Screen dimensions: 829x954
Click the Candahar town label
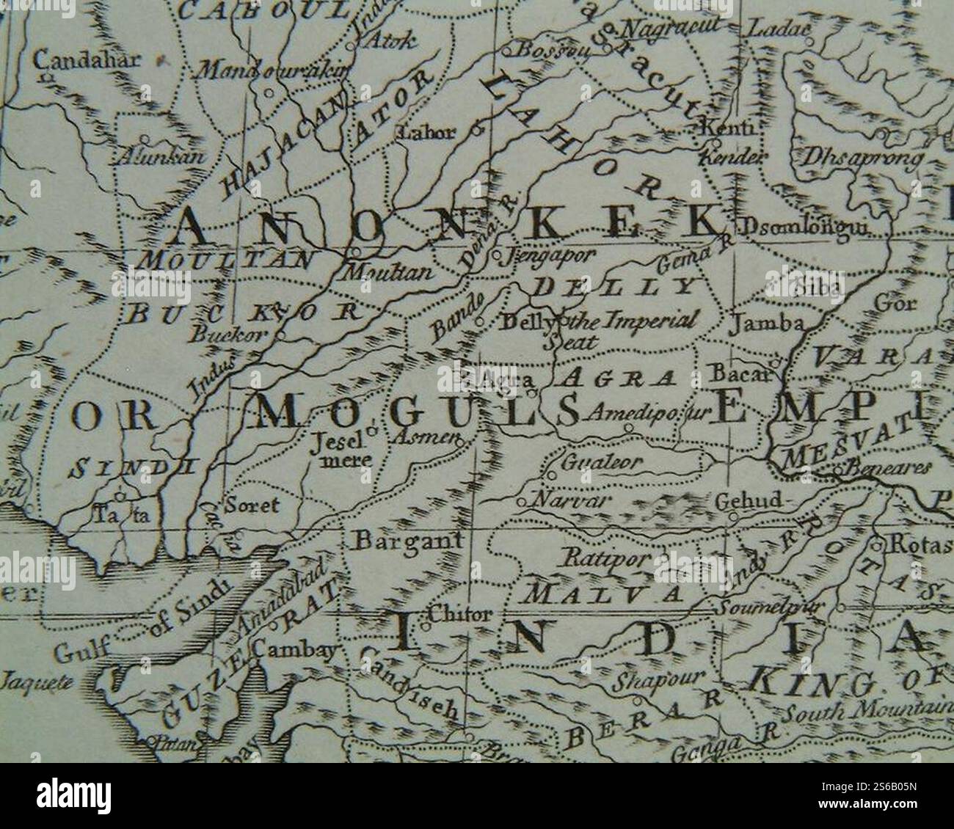87,60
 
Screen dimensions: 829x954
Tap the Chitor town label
456,615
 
